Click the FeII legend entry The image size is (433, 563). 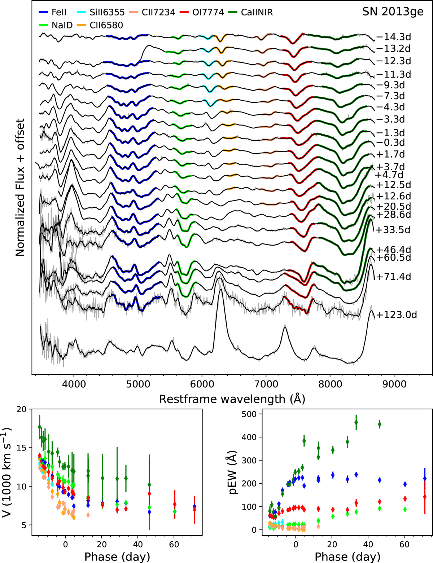[x=53, y=13]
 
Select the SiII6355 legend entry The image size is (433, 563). [x=101, y=13]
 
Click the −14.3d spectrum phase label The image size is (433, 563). [x=394, y=37]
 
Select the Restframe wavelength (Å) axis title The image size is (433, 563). [x=232, y=399]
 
